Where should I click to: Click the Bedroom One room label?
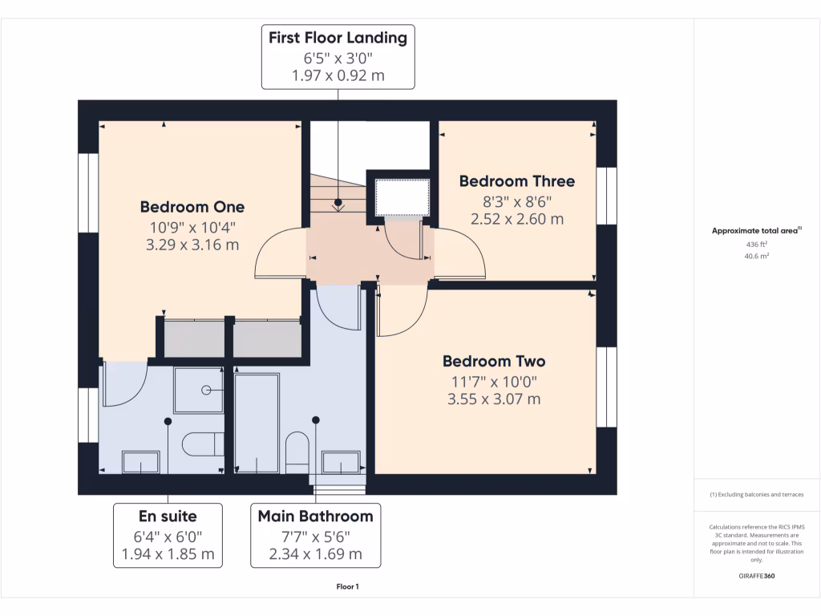(x=192, y=207)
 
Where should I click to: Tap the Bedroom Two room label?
(x=494, y=361)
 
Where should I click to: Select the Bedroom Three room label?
(x=516, y=181)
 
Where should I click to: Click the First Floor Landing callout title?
(x=338, y=38)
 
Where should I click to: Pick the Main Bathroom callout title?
(x=315, y=516)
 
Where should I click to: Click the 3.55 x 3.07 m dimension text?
(x=494, y=399)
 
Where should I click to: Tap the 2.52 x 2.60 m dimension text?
(x=516, y=218)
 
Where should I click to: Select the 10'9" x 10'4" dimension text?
(x=192, y=227)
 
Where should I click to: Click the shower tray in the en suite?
(x=199, y=390)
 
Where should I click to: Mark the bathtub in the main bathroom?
(x=257, y=422)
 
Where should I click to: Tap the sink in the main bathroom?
(x=341, y=463)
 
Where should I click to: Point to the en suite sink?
(x=140, y=462)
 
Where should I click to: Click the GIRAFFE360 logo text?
(x=757, y=576)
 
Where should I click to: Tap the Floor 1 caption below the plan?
(x=347, y=587)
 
